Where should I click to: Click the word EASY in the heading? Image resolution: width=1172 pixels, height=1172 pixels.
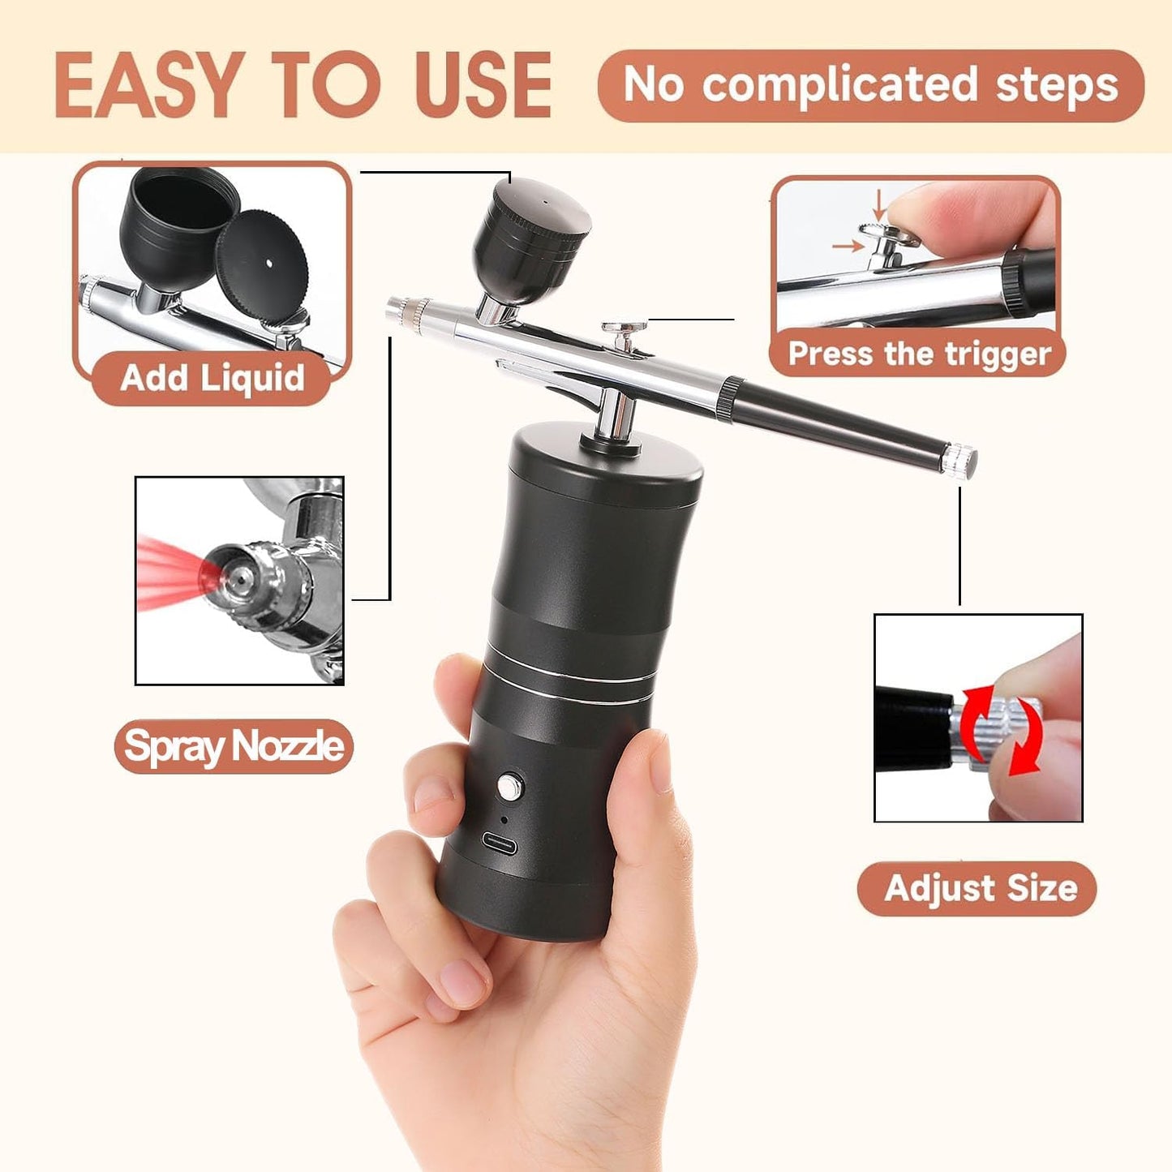pos(149,84)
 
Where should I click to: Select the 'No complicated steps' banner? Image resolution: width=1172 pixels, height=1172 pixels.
pos(870,86)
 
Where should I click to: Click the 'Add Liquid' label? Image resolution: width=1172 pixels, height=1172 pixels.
pos(213,378)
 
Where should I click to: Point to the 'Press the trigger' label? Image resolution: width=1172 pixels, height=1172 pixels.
pos(919,354)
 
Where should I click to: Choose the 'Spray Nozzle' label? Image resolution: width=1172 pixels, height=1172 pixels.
pos(234,746)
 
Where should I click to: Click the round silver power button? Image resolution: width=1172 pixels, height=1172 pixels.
pos(509,787)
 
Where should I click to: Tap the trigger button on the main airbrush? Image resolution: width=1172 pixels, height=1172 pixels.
pos(624,329)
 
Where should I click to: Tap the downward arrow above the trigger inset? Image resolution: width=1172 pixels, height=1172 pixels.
pos(878,205)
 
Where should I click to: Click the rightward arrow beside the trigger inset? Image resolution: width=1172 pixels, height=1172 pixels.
pos(848,246)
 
